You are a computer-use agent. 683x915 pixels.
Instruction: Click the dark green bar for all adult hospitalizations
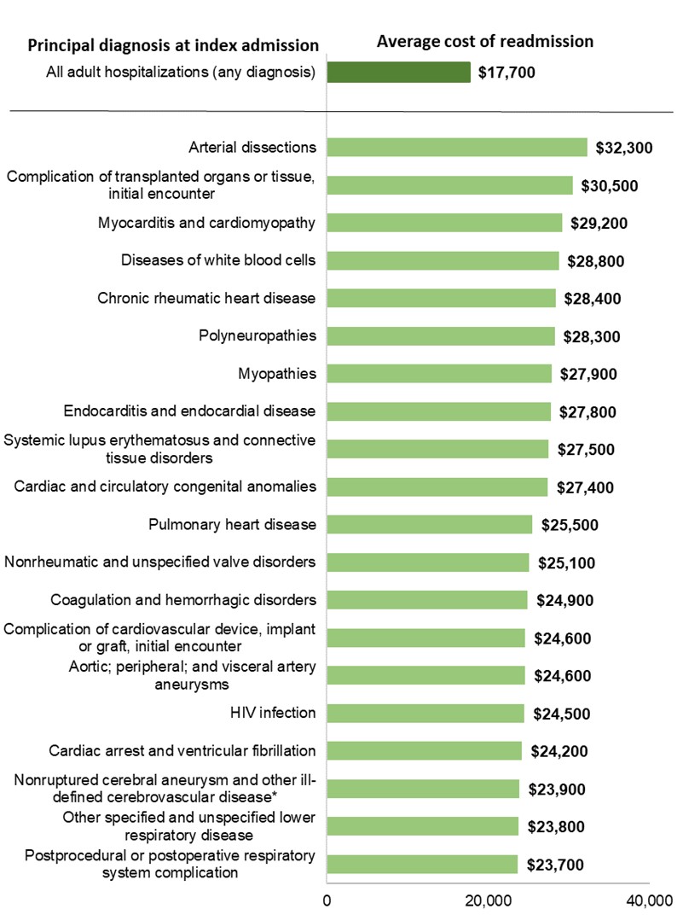coord(398,72)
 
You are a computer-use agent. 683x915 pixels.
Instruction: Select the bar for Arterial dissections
coord(457,148)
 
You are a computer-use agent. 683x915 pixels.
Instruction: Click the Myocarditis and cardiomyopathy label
coord(207,224)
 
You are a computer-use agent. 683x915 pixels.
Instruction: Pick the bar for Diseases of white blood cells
coord(443,260)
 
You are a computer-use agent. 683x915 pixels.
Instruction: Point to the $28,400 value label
coord(592,299)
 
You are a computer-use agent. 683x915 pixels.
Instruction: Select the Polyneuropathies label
coord(257,335)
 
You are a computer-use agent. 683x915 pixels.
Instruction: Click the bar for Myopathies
coord(439,374)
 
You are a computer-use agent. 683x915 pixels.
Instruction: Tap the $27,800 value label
coord(587,412)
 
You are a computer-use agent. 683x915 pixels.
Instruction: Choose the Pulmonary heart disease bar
coord(429,524)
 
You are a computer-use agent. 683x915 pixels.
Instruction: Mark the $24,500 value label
coord(561,714)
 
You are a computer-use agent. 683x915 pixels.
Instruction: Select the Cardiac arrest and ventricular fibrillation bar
coord(424,751)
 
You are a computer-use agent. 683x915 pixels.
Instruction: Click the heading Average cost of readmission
coord(485,41)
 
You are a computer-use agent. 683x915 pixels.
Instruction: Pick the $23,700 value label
coord(554,865)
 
